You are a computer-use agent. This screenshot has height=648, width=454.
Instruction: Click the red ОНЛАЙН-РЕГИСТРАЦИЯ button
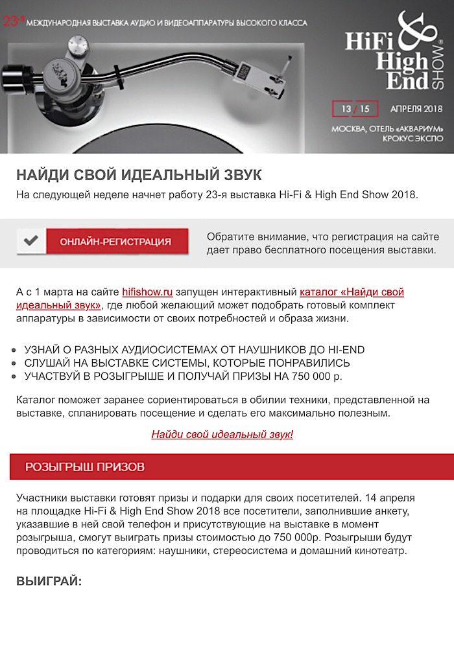pos(115,242)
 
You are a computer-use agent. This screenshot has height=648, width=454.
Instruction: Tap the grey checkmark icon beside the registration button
pos(30,241)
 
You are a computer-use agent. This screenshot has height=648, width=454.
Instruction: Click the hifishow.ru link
pos(147,292)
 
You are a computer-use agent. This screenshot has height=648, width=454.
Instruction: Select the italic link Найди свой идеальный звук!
pos(222,434)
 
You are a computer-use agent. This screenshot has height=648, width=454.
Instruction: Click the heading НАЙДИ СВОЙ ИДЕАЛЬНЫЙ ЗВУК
pos(139,176)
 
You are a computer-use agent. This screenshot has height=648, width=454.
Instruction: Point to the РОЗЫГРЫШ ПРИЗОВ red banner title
pos(84,467)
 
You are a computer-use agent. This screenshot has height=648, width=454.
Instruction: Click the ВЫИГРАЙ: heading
pos(49,581)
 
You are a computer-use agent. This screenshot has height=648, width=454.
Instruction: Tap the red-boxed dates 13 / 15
pos(355,108)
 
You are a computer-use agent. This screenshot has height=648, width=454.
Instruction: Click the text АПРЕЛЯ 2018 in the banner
pos(416,108)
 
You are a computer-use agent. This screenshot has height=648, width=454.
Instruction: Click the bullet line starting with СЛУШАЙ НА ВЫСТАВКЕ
pos(187,363)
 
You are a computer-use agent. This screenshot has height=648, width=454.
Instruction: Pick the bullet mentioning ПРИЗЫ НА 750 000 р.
pos(183,376)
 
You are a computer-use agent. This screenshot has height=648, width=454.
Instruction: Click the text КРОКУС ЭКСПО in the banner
pos(412,138)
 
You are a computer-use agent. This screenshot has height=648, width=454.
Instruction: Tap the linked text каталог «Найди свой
pos(352,292)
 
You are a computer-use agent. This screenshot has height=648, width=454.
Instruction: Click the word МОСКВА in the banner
pos(348,128)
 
